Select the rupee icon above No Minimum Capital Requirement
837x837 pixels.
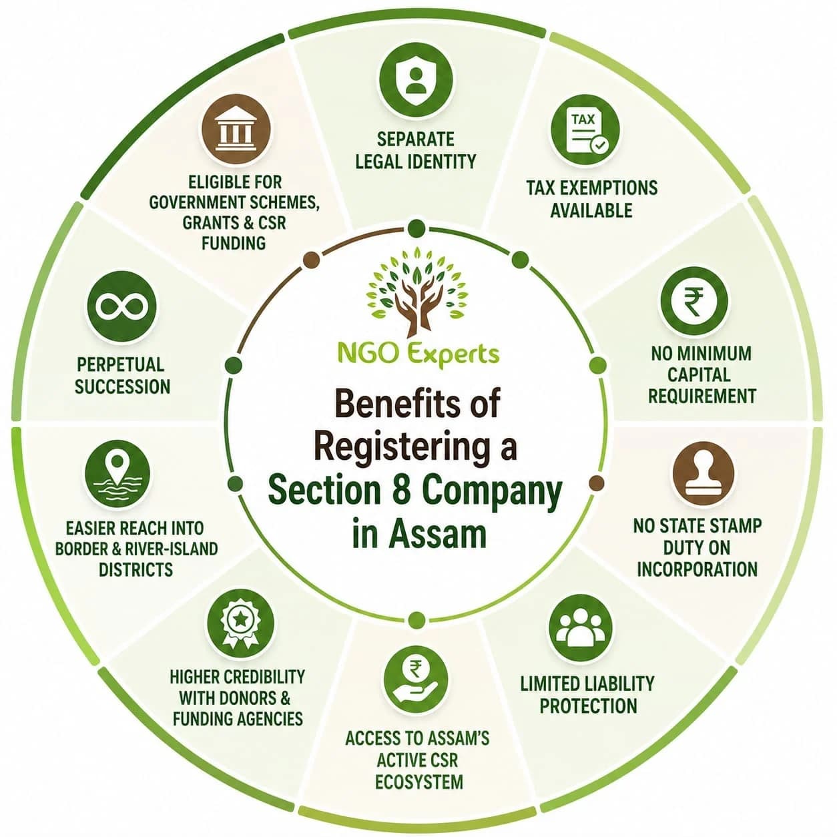pos(693,302)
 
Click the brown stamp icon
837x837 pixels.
pos(704,475)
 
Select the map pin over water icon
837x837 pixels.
pos(117,475)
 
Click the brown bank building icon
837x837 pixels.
pos(235,130)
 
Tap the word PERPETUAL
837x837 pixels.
pos(121,364)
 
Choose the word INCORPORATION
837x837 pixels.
pos(697,569)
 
